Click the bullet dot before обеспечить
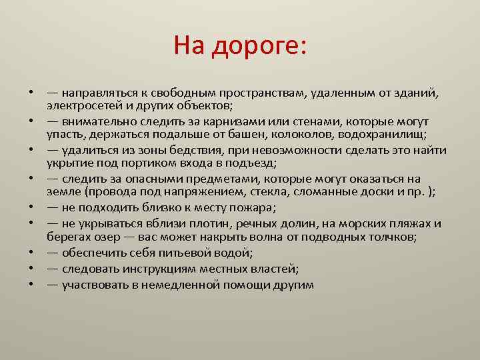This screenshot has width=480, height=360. pos(32,253)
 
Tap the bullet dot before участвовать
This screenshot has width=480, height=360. pos(32,285)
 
